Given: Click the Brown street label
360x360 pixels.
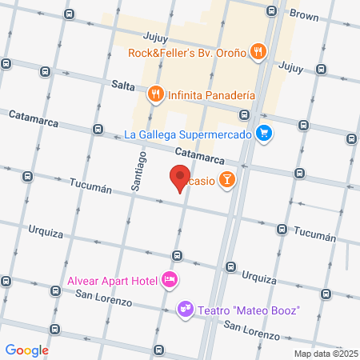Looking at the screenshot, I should click(303, 14).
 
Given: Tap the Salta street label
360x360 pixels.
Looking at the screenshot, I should click(123, 84).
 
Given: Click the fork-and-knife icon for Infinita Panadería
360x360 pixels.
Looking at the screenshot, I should click(156, 94).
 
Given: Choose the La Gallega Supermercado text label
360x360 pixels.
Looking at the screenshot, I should click(188, 134).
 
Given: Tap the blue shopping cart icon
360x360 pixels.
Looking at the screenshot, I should click(262, 134).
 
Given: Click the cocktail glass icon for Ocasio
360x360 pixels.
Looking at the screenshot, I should click(227, 181).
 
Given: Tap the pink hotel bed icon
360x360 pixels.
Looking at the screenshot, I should click(169, 279).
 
